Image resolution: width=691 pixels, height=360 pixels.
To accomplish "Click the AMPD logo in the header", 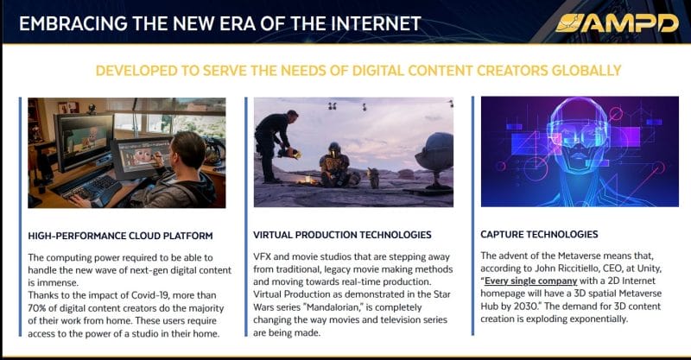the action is [617, 23].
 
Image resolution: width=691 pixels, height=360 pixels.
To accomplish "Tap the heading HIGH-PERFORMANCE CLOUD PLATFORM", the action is [120, 236].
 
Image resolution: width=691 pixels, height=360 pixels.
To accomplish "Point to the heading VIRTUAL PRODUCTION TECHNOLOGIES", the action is [342, 235].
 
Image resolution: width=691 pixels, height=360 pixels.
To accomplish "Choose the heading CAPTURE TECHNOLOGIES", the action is [539, 235].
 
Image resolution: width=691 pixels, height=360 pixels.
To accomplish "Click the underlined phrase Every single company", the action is [530, 281].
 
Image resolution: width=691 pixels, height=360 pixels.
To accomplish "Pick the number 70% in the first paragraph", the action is [37, 308].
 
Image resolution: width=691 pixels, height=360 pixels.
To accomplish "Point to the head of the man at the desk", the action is [187, 151].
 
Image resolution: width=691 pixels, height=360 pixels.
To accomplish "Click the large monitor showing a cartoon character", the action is [83, 140].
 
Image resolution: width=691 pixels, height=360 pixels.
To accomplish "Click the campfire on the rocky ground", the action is [307, 180].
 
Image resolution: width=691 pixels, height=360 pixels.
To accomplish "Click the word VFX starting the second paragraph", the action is [262, 257].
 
